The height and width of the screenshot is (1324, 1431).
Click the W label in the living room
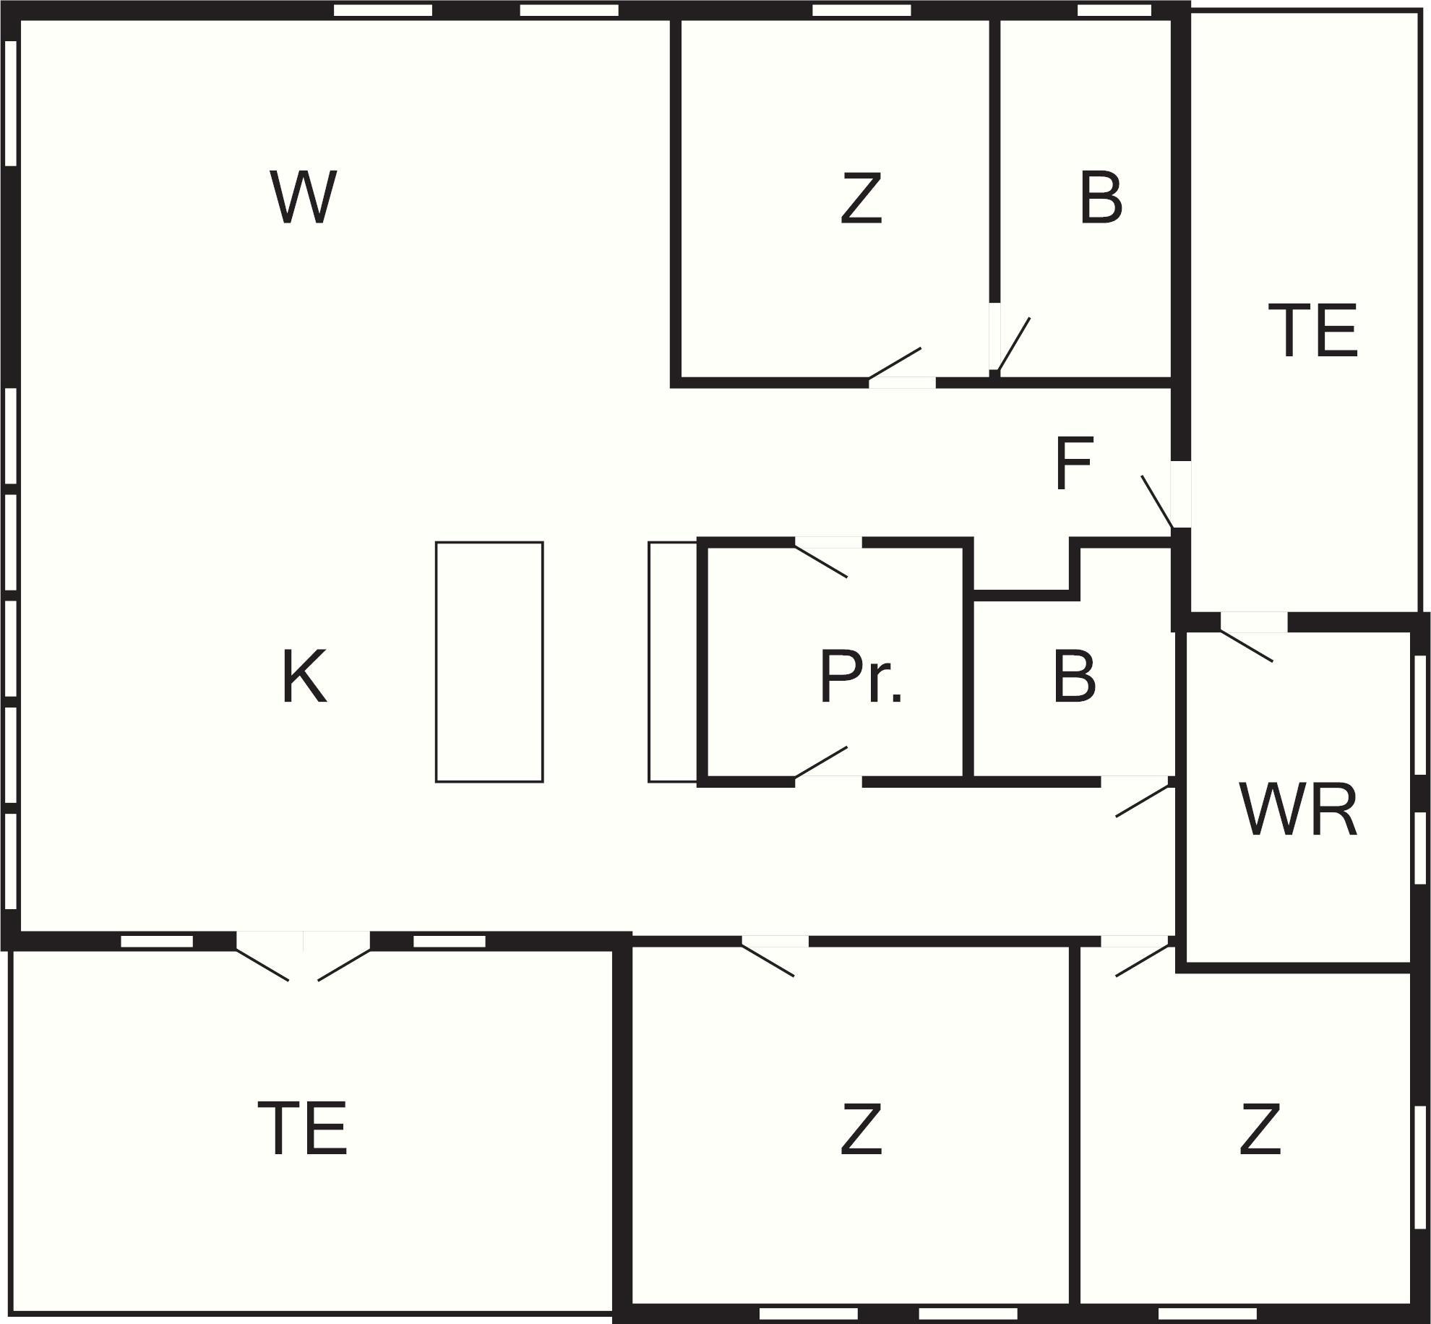point(304,197)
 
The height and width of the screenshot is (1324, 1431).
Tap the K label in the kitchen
point(304,676)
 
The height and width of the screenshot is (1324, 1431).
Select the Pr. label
point(861,677)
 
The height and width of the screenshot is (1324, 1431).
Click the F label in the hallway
point(1073,464)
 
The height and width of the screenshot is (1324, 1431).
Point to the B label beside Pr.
point(1074,677)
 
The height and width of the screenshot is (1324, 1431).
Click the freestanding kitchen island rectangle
point(489,662)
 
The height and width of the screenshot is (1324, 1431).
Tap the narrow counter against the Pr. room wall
point(672,662)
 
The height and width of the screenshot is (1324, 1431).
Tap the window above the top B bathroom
point(1114,10)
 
